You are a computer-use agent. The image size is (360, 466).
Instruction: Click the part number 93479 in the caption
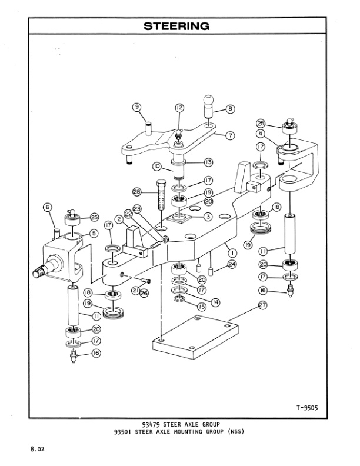coord(152,424)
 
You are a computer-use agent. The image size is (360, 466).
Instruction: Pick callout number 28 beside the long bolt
coord(136,192)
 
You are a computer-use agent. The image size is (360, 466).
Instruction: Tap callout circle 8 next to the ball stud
coord(230,108)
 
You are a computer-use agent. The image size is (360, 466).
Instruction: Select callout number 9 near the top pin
coord(136,107)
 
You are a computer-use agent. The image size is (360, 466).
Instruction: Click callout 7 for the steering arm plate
coord(230,135)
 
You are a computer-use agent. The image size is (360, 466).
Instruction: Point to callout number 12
coord(179,108)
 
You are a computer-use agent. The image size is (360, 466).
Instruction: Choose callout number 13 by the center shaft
coord(208,162)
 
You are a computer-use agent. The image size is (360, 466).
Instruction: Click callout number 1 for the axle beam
coord(233,252)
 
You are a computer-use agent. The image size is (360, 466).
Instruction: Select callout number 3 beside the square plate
coord(208,217)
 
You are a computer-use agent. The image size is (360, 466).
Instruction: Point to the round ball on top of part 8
coord(211,98)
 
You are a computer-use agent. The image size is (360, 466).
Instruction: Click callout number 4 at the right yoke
coord(259,135)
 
